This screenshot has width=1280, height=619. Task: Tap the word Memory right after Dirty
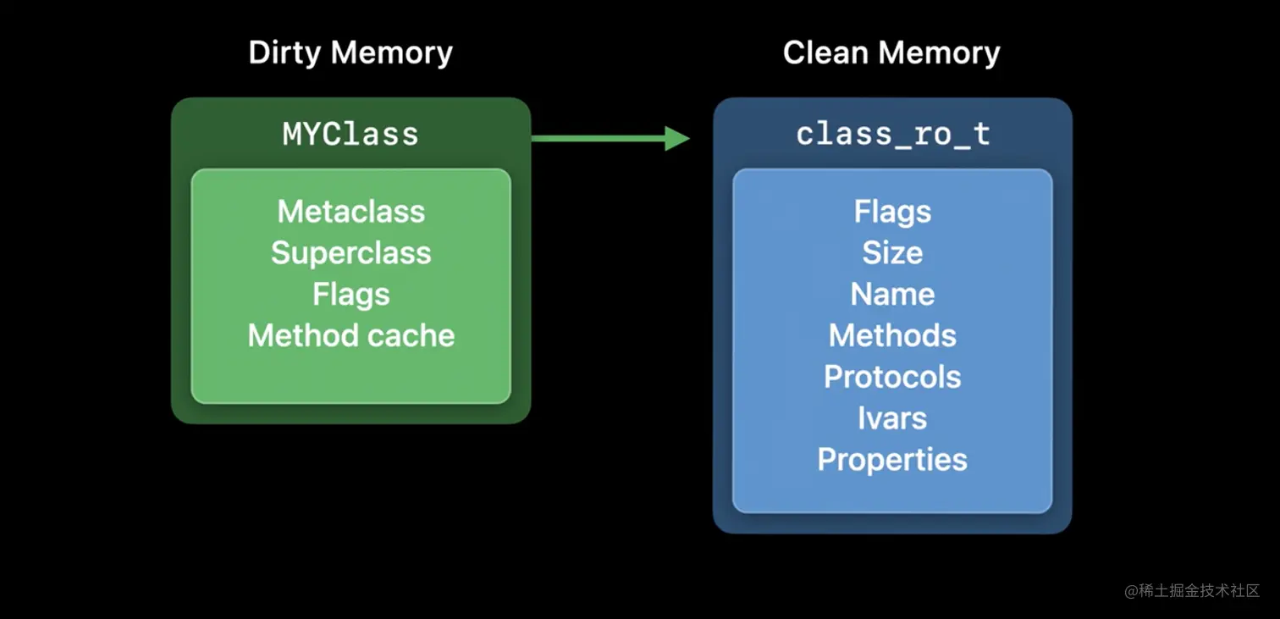click(391, 53)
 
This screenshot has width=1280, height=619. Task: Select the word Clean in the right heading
click(825, 53)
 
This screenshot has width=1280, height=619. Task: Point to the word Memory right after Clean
click(939, 53)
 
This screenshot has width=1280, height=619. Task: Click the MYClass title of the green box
click(350, 135)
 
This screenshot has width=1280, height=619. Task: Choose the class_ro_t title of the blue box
click(892, 135)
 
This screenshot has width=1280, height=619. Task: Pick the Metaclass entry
click(351, 212)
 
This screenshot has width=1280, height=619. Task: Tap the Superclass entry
click(351, 253)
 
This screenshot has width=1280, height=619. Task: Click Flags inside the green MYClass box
click(351, 295)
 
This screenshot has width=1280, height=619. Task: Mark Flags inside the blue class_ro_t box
click(892, 212)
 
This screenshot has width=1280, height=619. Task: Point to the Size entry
click(892, 253)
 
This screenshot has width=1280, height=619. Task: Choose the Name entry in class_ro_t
click(892, 295)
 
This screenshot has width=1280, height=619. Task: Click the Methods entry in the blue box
click(892, 336)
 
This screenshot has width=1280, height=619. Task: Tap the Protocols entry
click(892, 378)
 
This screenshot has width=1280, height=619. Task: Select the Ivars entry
click(892, 418)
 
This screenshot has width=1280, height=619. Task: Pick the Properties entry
click(892, 460)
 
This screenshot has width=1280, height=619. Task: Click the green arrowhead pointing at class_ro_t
click(676, 138)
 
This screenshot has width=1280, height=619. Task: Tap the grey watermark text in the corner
click(1192, 591)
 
